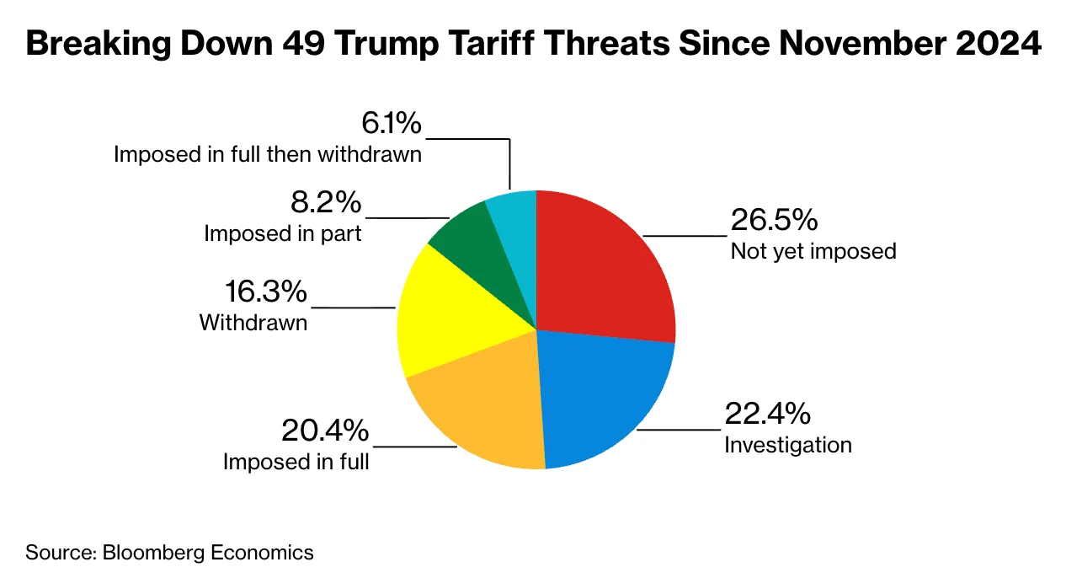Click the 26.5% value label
click(x=774, y=221)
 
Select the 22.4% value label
click(x=768, y=414)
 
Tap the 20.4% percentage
click(x=324, y=431)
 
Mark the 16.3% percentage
click(x=265, y=292)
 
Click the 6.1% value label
click(x=391, y=124)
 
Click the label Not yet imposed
click(x=813, y=251)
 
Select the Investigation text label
click(x=788, y=444)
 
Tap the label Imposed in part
click(x=283, y=233)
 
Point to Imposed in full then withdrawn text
click(x=268, y=155)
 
